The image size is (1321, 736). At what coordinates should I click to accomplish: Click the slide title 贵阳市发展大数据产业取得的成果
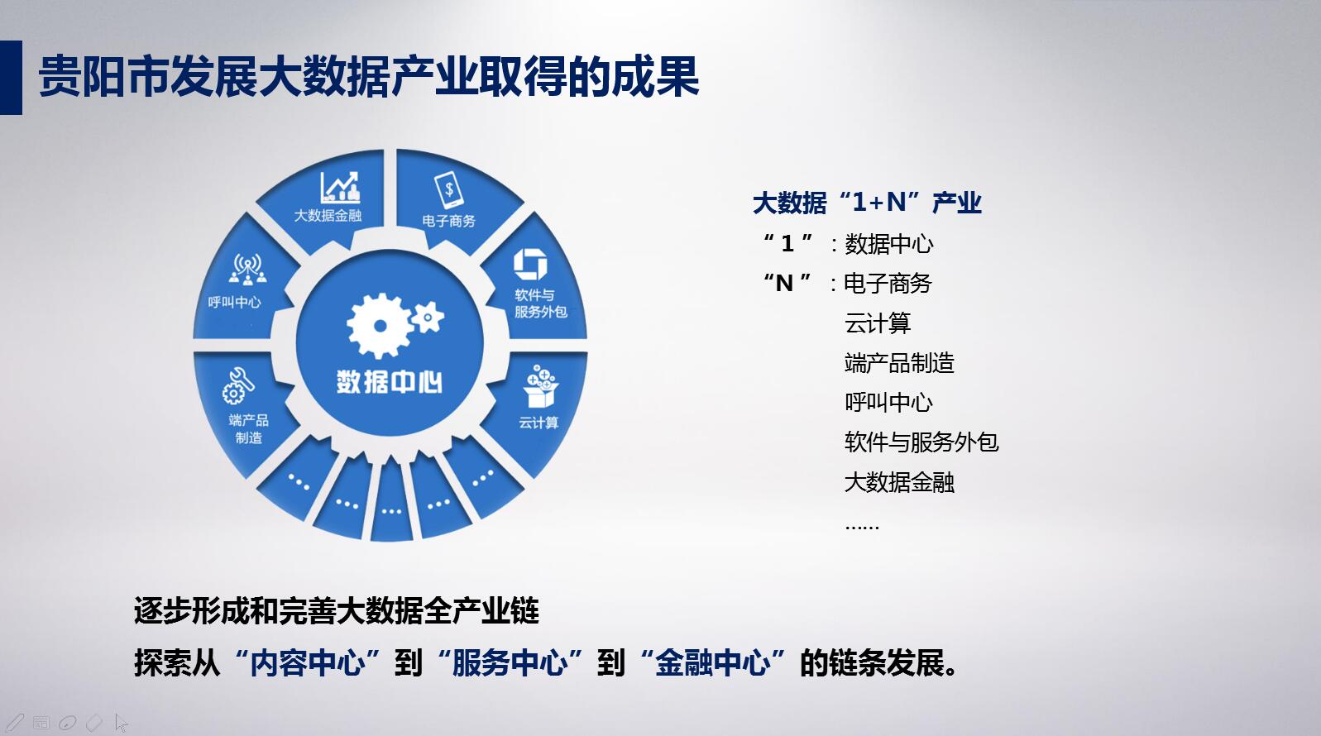[369, 77]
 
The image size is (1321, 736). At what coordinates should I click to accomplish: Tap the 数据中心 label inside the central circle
[390, 382]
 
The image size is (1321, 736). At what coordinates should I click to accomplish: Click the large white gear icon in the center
[379, 326]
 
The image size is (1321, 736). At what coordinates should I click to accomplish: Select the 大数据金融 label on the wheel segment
[328, 215]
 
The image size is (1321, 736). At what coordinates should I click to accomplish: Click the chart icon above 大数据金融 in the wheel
[340, 188]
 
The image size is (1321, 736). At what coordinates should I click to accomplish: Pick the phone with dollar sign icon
[448, 189]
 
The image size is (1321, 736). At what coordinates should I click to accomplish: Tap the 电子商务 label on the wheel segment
[449, 221]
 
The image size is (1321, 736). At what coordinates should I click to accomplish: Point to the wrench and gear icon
[238, 385]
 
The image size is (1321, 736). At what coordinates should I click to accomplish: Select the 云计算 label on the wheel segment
[538, 423]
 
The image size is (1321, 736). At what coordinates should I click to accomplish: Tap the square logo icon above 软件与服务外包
[530, 264]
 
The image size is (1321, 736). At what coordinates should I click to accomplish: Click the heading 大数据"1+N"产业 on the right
[867, 203]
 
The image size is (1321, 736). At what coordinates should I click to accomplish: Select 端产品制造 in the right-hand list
[899, 363]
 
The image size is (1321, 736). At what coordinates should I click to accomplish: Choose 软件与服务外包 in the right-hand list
[921, 442]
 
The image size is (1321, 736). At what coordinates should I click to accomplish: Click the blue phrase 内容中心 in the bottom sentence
[307, 662]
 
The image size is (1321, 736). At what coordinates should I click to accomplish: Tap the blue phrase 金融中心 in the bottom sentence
[712, 662]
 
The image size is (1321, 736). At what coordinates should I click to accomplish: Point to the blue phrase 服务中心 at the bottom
[510, 662]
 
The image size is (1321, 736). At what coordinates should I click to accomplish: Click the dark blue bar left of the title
[12, 77]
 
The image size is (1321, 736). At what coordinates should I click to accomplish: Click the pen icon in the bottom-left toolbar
[15, 722]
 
